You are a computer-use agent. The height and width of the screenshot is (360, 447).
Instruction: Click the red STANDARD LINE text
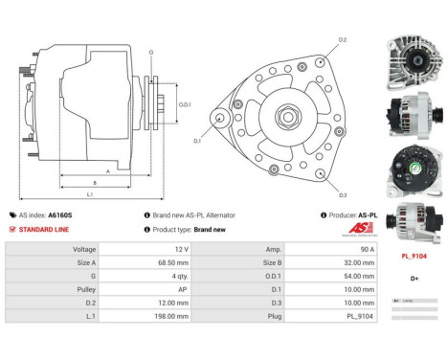coord(42,230)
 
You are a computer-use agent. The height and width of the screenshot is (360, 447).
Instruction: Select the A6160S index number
coord(60,215)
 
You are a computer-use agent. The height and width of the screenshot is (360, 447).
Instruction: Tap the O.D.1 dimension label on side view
coord(186,104)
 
